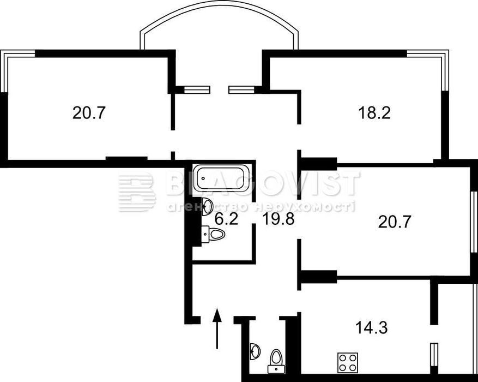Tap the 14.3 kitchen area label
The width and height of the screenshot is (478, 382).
(372, 329)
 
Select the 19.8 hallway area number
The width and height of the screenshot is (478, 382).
(279, 219)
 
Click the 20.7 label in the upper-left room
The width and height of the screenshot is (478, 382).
(89, 113)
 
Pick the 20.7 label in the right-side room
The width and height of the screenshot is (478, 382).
(395, 222)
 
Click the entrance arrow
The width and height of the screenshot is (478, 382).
(217, 329)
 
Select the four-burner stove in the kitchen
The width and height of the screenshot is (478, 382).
(348, 362)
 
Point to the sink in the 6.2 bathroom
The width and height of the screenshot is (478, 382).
(207, 206)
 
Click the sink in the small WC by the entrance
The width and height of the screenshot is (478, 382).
(255, 351)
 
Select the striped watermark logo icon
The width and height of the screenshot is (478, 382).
(137, 193)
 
